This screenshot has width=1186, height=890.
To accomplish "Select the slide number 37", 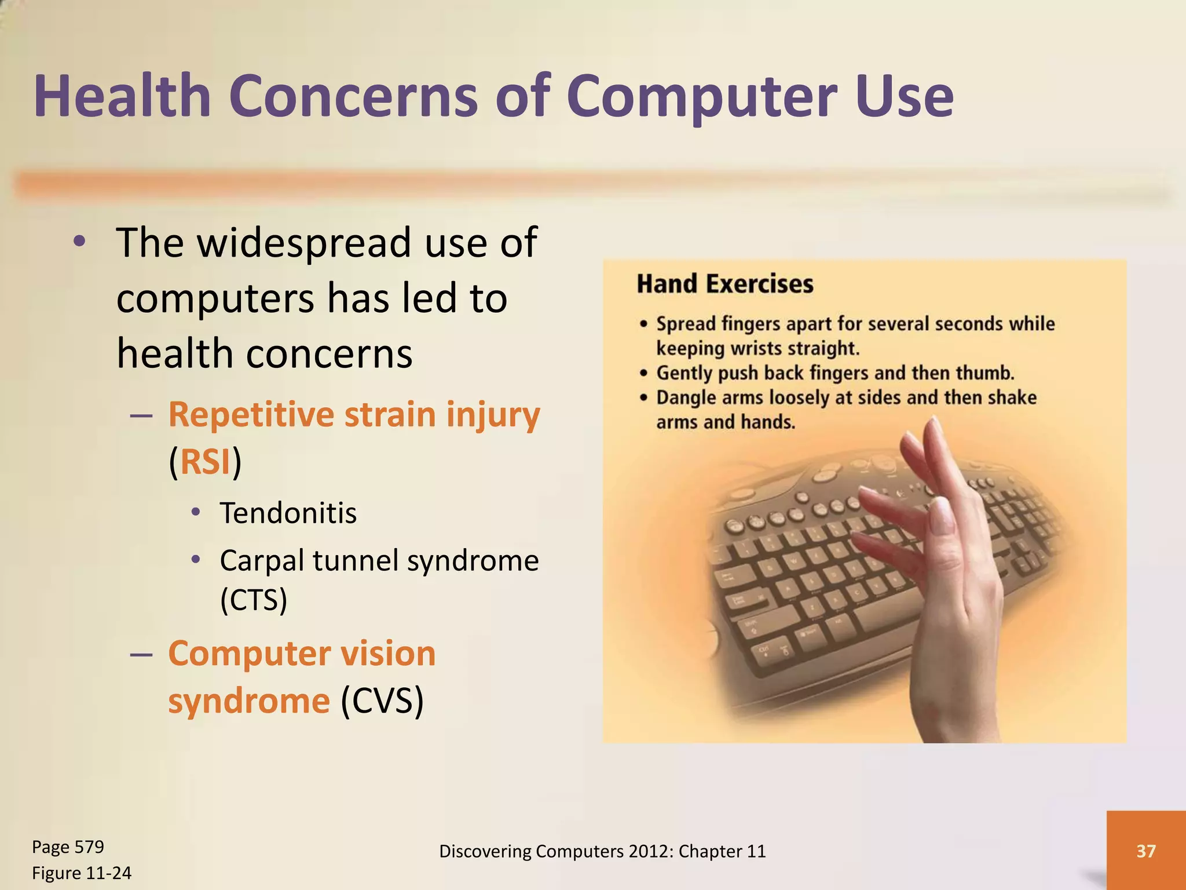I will click(1145, 851).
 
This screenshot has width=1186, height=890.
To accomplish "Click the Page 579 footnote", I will click(68, 847).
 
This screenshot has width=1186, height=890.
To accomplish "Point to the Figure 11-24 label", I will click(81, 873).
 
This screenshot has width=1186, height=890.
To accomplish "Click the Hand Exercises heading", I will click(724, 284).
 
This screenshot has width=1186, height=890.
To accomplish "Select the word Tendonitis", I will click(288, 513).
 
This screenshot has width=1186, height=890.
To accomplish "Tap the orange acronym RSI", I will click(205, 462).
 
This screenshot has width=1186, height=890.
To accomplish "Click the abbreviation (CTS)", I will click(253, 600).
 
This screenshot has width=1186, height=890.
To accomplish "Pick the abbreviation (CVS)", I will click(382, 701).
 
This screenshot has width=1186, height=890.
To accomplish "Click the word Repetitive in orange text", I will click(251, 415).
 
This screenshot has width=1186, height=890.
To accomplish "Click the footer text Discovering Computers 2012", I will click(602, 851).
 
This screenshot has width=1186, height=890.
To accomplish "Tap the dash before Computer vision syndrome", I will click(141, 654).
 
